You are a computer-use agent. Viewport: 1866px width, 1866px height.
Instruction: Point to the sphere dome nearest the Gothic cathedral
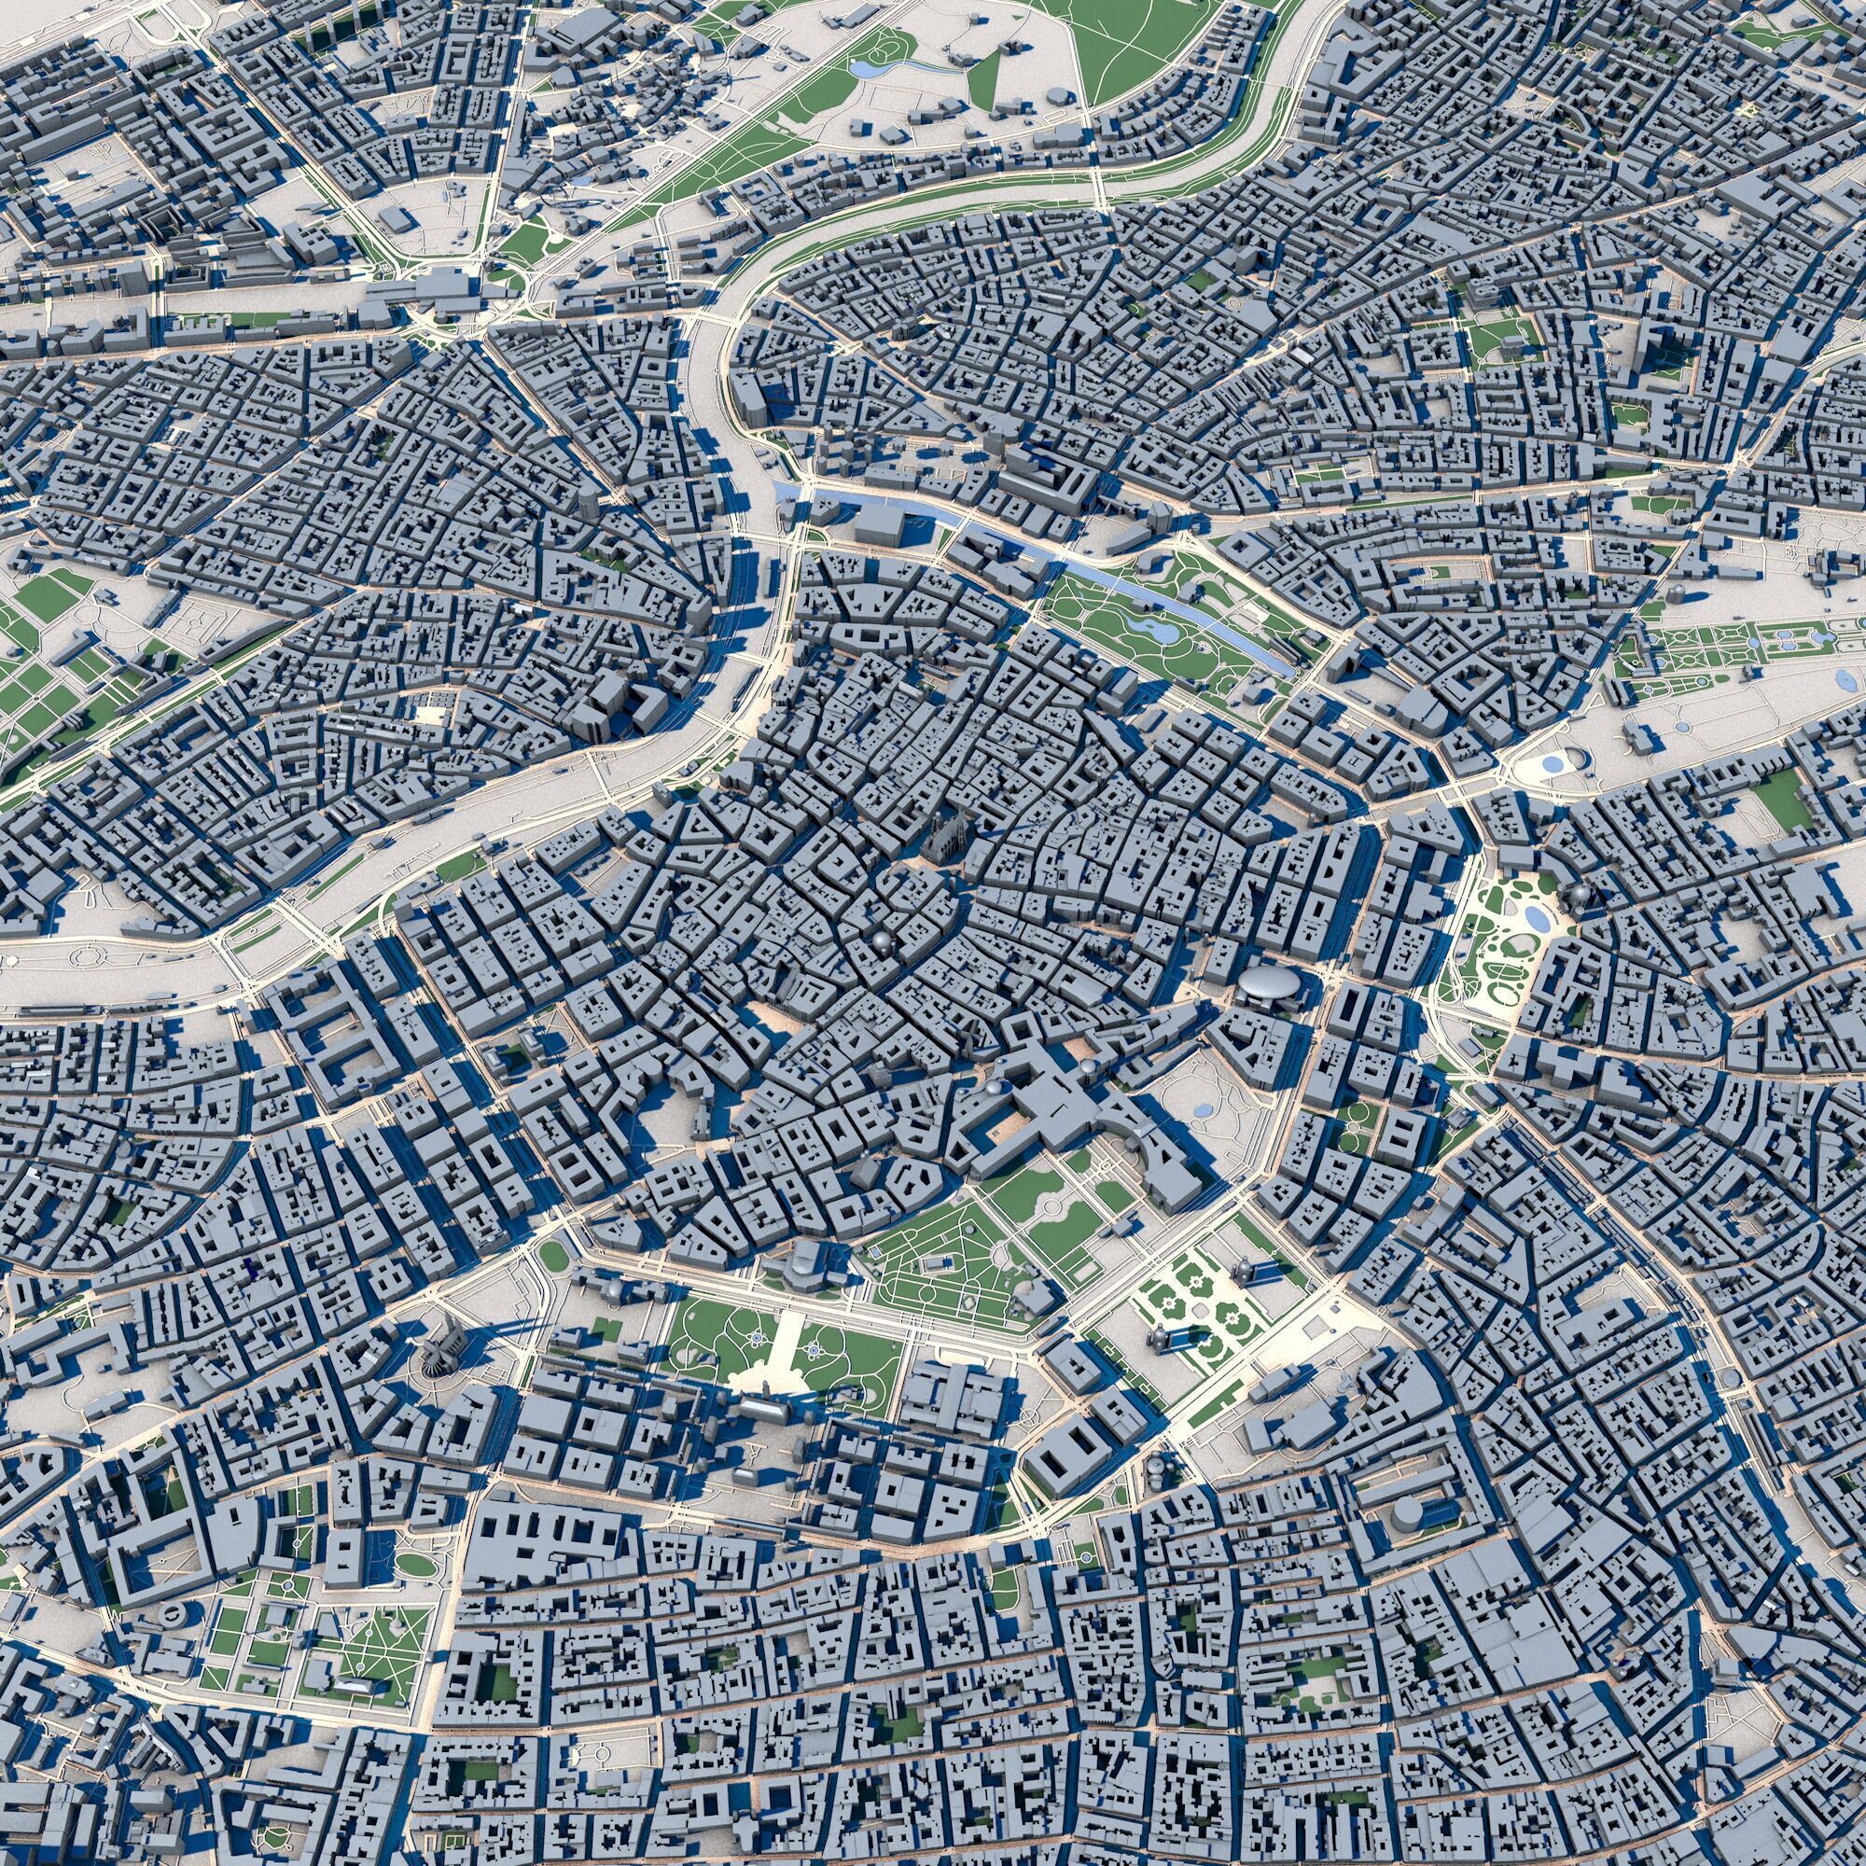tap(882, 942)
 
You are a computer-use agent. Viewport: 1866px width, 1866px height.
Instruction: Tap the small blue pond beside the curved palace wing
tap(1203, 1110)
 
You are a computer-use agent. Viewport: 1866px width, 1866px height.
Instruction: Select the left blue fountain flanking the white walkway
tap(757, 1338)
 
